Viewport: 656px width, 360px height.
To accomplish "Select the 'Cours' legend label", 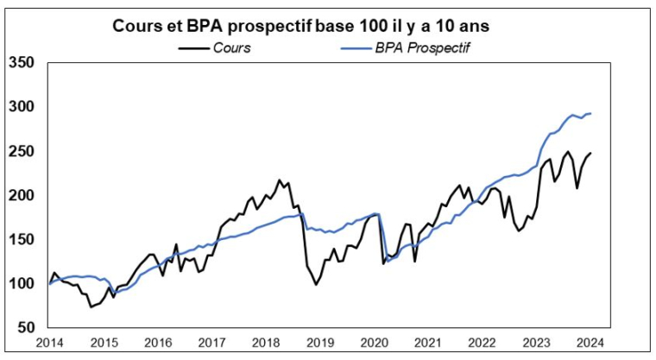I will pyautogui.click(x=232, y=47).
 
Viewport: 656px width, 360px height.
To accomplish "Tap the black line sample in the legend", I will pyautogui.click(x=194, y=47).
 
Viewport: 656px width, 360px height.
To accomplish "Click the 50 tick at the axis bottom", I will pyautogui.click(x=25, y=328).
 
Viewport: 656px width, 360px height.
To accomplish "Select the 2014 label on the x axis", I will pyautogui.click(x=50, y=344).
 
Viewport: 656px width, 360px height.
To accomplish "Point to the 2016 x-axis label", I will pyautogui.click(x=158, y=344).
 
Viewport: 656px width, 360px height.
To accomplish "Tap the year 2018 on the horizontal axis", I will pyautogui.click(x=266, y=344).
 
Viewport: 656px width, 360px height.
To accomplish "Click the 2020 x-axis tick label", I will pyautogui.click(x=374, y=344).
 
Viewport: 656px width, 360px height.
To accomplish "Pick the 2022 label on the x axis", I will pyautogui.click(x=482, y=344).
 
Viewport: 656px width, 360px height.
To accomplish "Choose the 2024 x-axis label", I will pyautogui.click(x=590, y=344).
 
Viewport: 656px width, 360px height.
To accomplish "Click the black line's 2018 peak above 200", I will pyautogui.click(x=279, y=180).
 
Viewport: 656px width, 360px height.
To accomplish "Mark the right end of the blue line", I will pyautogui.click(x=590, y=113).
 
